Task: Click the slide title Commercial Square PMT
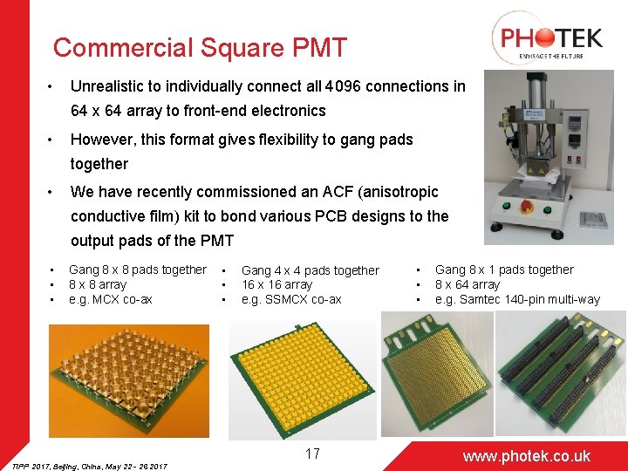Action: point(200,47)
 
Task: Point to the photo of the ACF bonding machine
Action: point(549,157)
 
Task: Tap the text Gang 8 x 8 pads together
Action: point(138,270)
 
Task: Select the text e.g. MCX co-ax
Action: point(111,299)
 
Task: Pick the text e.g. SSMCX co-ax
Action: point(291,299)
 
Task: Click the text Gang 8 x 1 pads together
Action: point(504,270)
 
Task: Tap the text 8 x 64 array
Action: point(468,285)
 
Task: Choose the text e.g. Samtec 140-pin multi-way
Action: point(517,299)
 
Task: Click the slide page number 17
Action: point(312,454)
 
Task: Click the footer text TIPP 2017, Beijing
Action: point(52,465)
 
